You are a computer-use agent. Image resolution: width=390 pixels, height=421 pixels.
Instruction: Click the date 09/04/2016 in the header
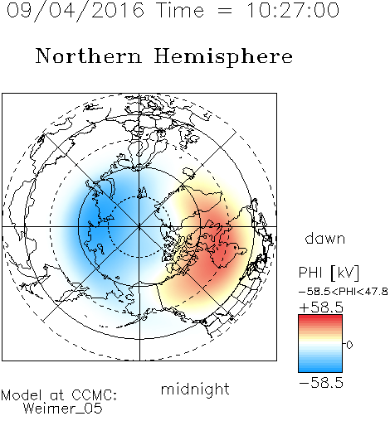point(76,10)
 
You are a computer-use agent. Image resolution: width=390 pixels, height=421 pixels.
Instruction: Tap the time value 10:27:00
point(293,10)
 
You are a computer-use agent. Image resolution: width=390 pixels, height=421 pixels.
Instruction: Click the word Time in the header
point(180,10)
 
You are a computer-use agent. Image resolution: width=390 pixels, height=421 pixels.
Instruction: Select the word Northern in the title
point(89,56)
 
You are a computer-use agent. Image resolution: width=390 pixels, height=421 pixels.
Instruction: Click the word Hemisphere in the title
point(223,57)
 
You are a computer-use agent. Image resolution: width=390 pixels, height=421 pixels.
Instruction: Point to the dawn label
point(325,238)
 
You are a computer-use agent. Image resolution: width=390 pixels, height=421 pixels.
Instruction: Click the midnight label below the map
point(195,389)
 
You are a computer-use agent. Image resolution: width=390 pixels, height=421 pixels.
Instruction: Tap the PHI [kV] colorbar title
point(329,273)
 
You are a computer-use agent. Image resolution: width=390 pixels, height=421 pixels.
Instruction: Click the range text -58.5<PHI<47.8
point(344,292)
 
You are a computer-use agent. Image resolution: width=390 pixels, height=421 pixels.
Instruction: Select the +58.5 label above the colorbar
point(321,307)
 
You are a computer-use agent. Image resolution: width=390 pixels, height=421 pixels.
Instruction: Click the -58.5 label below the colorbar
point(321,383)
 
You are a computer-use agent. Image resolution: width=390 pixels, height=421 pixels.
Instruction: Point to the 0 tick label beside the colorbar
point(349,345)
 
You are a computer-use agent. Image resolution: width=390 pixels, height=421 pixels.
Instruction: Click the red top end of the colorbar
point(320,317)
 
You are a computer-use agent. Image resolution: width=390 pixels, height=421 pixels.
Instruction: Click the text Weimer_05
point(63,408)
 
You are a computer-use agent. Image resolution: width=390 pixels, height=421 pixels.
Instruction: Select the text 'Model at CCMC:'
point(59,395)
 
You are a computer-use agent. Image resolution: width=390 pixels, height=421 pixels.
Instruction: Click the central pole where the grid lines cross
point(139,227)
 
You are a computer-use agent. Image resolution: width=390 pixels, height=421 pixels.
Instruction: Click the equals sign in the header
point(225,12)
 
